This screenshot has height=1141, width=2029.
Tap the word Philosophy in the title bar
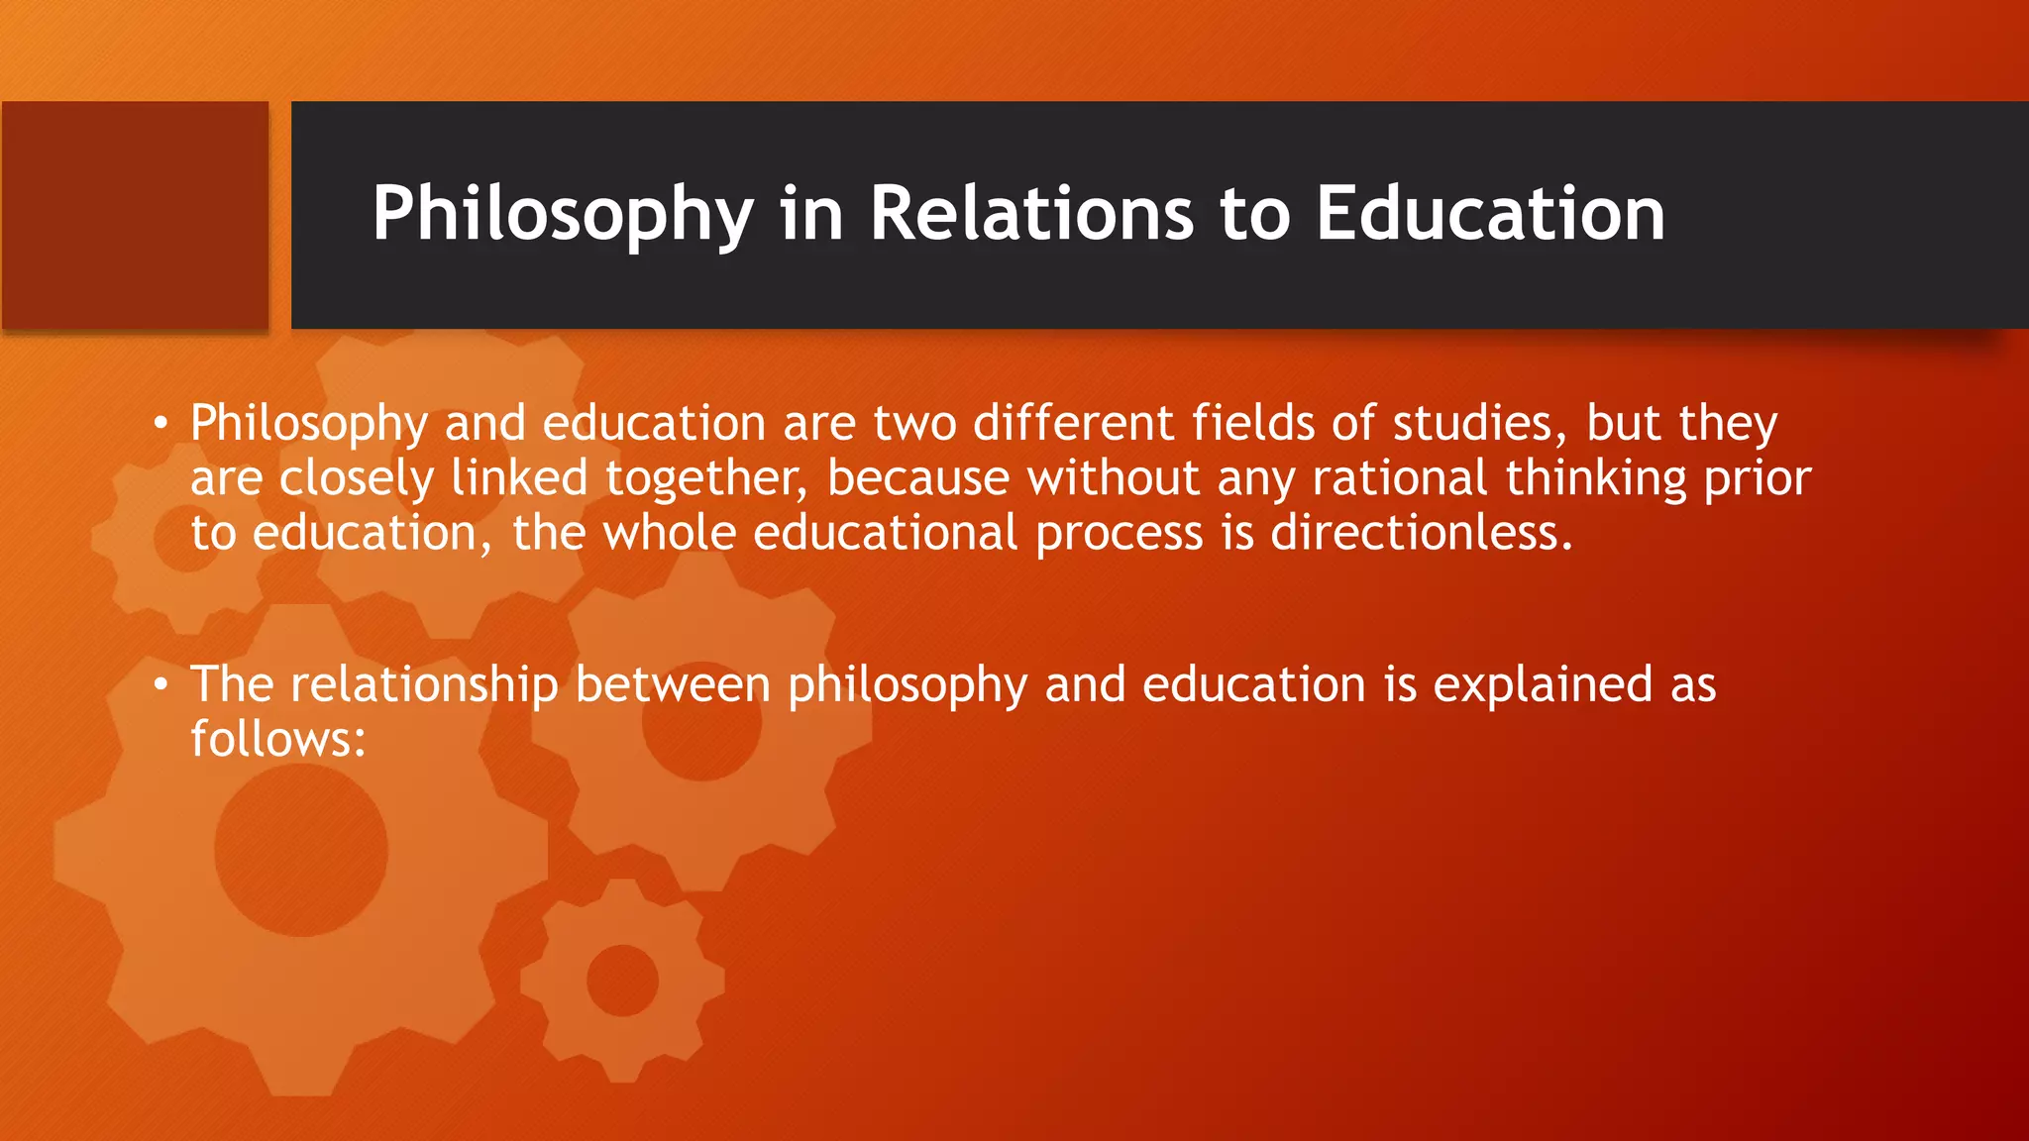(563, 215)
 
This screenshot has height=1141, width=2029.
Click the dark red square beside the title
(135, 215)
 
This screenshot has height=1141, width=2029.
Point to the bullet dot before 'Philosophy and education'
(160, 424)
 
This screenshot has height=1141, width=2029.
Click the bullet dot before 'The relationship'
(160, 685)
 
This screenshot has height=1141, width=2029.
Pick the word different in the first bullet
(1073, 423)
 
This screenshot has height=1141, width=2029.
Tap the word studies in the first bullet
(1473, 423)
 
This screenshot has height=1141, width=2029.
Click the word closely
(357, 479)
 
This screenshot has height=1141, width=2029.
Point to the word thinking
(1596, 479)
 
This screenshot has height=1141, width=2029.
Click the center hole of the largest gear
(301, 850)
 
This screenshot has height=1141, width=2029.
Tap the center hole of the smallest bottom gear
(622, 981)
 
